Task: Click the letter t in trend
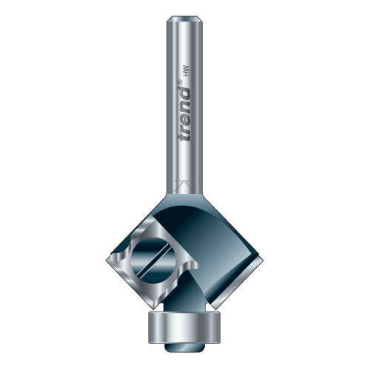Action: pyautogui.click(x=184, y=137)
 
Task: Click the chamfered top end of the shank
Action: pyautogui.click(x=185, y=18)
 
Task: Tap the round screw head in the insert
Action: pyautogui.click(x=150, y=260)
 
